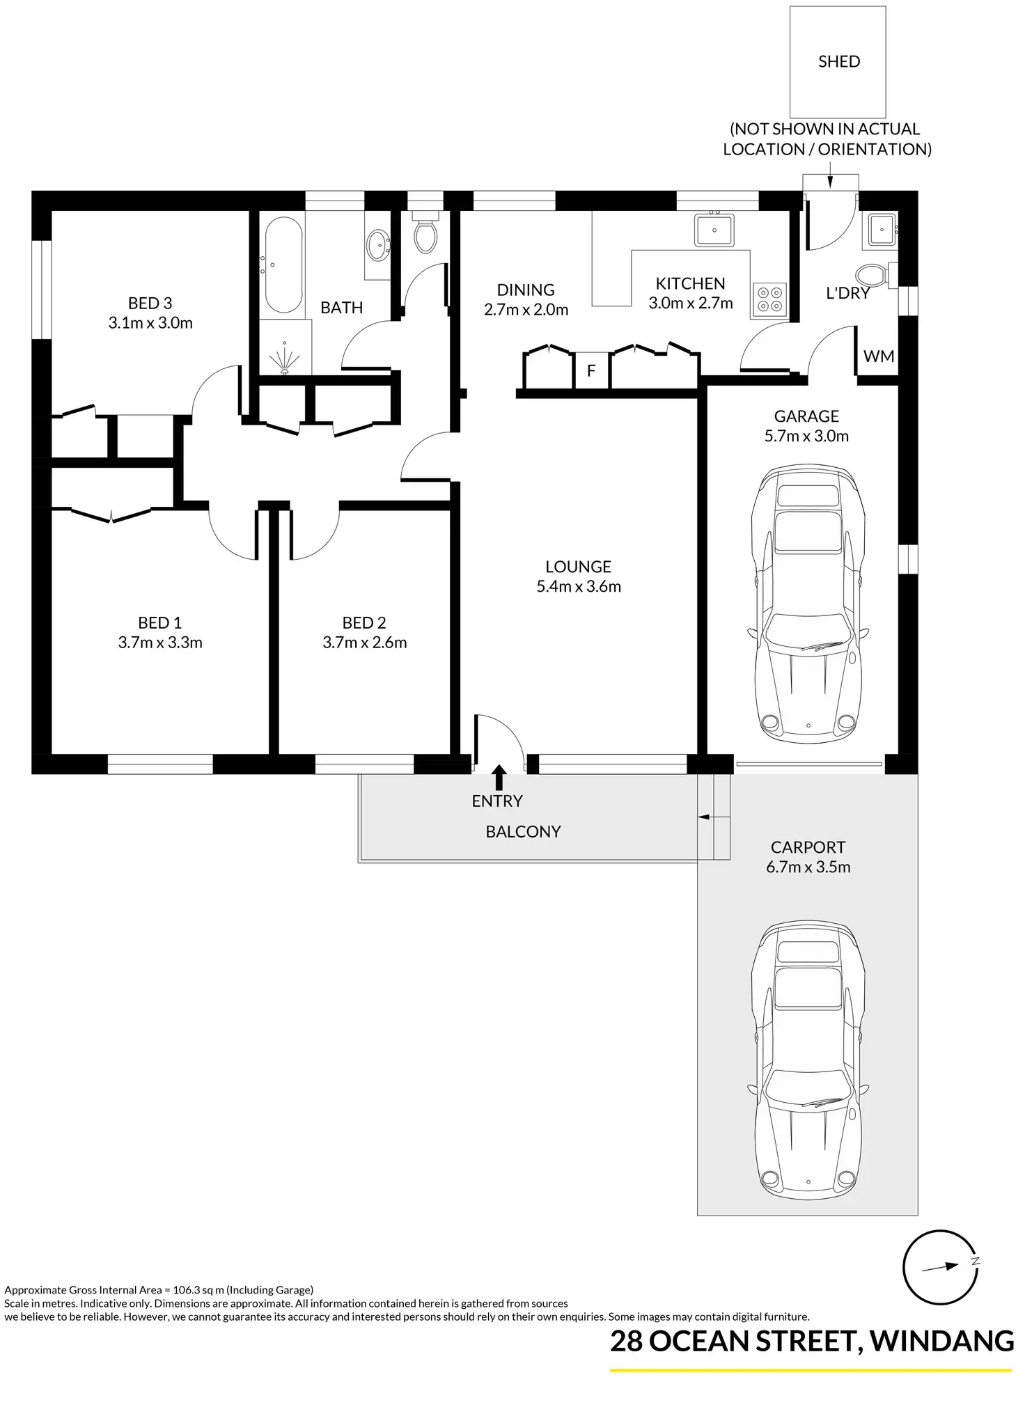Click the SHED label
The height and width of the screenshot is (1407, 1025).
click(838, 61)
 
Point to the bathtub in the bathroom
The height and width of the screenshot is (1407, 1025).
click(283, 265)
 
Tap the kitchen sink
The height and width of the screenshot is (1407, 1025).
click(714, 229)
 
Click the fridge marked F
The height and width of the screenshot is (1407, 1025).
click(591, 370)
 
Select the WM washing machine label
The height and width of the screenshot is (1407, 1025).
click(878, 356)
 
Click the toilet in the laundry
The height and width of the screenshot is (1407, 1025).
click(873, 275)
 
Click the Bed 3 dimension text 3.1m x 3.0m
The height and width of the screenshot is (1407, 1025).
click(150, 323)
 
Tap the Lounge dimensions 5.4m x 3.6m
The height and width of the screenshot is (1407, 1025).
click(579, 586)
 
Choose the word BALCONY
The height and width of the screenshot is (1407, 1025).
click(523, 831)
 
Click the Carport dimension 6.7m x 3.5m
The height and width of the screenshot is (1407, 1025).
click(808, 867)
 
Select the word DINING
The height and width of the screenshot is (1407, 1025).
click(526, 290)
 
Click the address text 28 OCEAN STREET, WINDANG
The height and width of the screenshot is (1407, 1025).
click(812, 1341)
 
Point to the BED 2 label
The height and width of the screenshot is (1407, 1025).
click(364, 622)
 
